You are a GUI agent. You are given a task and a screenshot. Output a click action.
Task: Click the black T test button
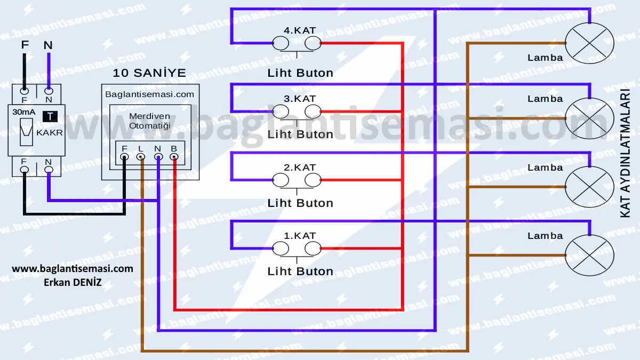[x=50, y=116]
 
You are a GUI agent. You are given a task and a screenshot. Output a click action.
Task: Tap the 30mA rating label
[x=24, y=112]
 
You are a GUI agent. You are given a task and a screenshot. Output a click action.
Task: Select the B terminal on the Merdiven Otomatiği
[x=174, y=157]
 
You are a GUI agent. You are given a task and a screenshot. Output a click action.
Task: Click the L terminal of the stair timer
[x=141, y=157]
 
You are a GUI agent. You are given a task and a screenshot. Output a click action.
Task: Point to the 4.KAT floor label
[x=300, y=30]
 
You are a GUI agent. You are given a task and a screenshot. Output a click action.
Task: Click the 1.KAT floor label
[x=300, y=236]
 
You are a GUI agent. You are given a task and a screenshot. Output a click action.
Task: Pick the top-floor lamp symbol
[x=589, y=43]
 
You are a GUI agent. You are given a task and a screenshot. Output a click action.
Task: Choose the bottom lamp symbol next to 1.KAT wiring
[x=589, y=255]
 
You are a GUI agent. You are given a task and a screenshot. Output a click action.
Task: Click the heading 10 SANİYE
[x=149, y=73]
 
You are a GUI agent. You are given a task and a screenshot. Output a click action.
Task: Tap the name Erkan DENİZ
[x=73, y=282]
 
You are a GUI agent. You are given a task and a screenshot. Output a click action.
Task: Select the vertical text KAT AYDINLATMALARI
[x=625, y=153]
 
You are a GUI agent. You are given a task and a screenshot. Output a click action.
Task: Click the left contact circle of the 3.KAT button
[x=281, y=111]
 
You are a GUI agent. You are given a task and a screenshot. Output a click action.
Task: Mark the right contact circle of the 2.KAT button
[x=313, y=180]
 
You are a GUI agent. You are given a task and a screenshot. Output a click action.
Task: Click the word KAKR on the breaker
[x=50, y=133]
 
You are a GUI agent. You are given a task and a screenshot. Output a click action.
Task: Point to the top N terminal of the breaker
[x=49, y=91]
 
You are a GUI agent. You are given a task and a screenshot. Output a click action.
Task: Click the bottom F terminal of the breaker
[x=25, y=170]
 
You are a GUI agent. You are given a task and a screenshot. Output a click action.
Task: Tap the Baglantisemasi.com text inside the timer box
[x=149, y=94]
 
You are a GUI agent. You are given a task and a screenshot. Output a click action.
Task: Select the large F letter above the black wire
[x=25, y=45]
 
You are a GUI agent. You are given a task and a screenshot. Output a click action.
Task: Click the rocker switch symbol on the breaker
[x=26, y=132]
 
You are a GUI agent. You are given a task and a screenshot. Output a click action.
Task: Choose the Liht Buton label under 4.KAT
[x=300, y=73]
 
